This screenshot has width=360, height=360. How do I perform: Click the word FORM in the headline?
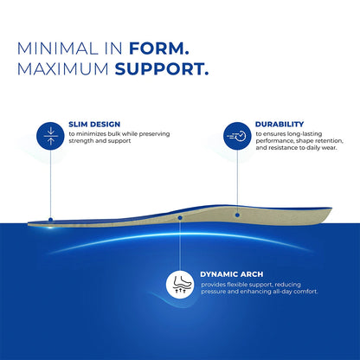pyautogui.click(x=158, y=48)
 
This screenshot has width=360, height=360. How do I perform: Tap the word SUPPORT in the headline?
pyautogui.click(x=162, y=69)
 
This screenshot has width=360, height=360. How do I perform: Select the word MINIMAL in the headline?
pyautogui.click(x=57, y=48)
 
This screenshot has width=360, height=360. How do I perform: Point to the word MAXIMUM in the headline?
pyautogui.click(x=63, y=69)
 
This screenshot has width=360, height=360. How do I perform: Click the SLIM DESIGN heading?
pyautogui.click(x=94, y=125)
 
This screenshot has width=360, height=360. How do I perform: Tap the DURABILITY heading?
pyautogui.click(x=280, y=124)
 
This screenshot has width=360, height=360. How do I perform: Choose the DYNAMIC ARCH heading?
pyautogui.click(x=232, y=274)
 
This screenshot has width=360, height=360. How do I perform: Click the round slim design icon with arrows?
pyautogui.click(x=50, y=136)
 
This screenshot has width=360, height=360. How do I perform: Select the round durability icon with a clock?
pyautogui.click(x=237, y=136)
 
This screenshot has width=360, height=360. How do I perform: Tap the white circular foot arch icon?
pyautogui.click(x=180, y=284)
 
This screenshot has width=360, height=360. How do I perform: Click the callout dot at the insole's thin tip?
pyautogui.click(x=51, y=220)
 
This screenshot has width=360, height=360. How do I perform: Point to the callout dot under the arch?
pyautogui.click(x=180, y=217)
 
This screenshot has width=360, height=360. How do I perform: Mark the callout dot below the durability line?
pyautogui.click(x=237, y=215)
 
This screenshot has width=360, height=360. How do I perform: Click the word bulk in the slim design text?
pyautogui.click(x=114, y=134)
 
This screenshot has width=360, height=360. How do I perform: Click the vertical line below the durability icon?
pyautogui.click(x=237, y=182)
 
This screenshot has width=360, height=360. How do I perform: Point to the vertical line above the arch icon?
pyautogui.click(x=180, y=245)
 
